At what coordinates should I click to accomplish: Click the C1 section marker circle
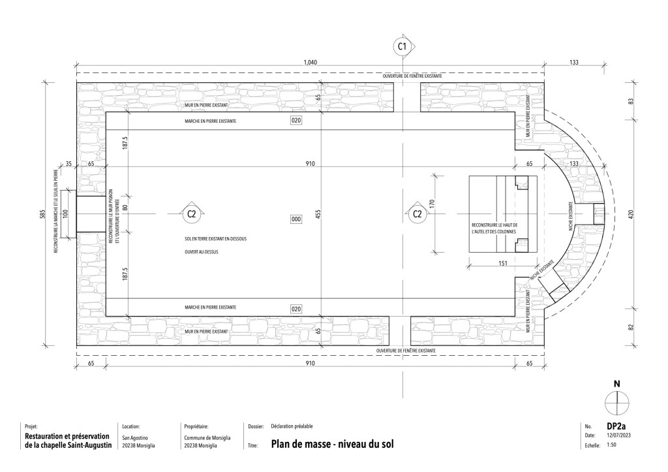pos(402,46)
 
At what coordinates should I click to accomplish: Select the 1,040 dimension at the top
pos(310,62)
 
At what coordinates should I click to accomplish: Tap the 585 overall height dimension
pos(42,214)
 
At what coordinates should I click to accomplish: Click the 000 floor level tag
pos(296,219)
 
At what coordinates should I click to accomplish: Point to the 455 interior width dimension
pos(318,214)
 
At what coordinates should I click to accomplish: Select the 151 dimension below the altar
pos(503,263)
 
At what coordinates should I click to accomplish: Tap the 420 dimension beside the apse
pos(631,215)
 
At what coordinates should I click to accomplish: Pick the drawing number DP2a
pos(616,426)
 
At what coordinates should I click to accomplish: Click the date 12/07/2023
pos(618,435)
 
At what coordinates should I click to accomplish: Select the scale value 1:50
pos(611,445)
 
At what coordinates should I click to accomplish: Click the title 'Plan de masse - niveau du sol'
pos(332,444)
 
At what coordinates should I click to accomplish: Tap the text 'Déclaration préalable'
pos(292,426)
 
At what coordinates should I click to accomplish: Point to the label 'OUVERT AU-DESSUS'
pos(201,252)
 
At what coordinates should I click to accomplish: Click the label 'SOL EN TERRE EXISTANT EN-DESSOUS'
pos(215,239)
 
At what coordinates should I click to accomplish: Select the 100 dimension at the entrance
pos(65,213)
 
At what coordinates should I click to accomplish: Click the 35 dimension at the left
pos(68,163)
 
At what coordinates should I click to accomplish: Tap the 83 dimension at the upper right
pos(631,101)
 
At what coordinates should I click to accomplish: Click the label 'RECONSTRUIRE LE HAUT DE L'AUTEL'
pos(494,228)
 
